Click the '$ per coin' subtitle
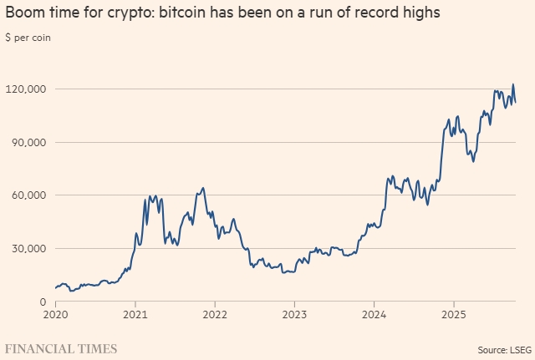[x=29, y=38]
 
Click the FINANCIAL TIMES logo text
[x=61, y=347]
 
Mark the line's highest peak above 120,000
[x=513, y=84]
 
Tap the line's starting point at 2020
[x=55, y=288]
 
